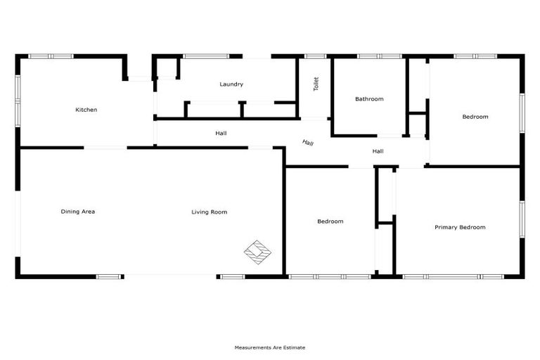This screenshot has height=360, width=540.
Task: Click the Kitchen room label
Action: click(86, 110)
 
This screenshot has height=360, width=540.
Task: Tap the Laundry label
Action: click(231, 84)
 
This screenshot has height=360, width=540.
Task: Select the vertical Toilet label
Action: click(316, 84)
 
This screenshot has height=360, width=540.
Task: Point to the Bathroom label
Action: click(369, 99)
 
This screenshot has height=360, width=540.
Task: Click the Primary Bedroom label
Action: click(460, 227)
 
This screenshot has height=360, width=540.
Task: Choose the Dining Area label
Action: click(78, 212)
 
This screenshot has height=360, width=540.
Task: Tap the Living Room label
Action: click(210, 212)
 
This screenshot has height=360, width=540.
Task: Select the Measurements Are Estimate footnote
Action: click(270, 347)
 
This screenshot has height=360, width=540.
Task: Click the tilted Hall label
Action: click(308, 143)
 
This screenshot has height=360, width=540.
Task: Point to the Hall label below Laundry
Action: click(221, 133)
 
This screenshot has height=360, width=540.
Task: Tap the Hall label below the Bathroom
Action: click(378, 151)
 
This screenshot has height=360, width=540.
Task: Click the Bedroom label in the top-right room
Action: click(475, 117)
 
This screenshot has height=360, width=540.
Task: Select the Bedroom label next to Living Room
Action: click(330, 221)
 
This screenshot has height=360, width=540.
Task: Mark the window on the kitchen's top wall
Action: click(51, 56)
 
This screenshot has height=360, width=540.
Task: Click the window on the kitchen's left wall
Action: click(18, 94)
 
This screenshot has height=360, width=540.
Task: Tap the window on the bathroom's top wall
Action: click(379, 56)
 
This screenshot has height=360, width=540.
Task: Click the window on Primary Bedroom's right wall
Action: click(522, 220)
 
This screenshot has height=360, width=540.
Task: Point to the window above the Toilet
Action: click(316, 56)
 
